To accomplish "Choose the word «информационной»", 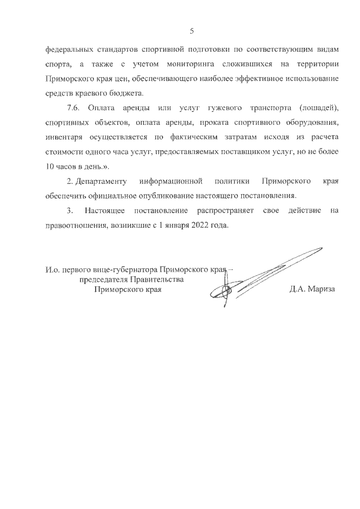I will (171, 181).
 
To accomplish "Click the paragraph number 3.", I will (69, 210).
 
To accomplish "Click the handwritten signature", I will (264, 276).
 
